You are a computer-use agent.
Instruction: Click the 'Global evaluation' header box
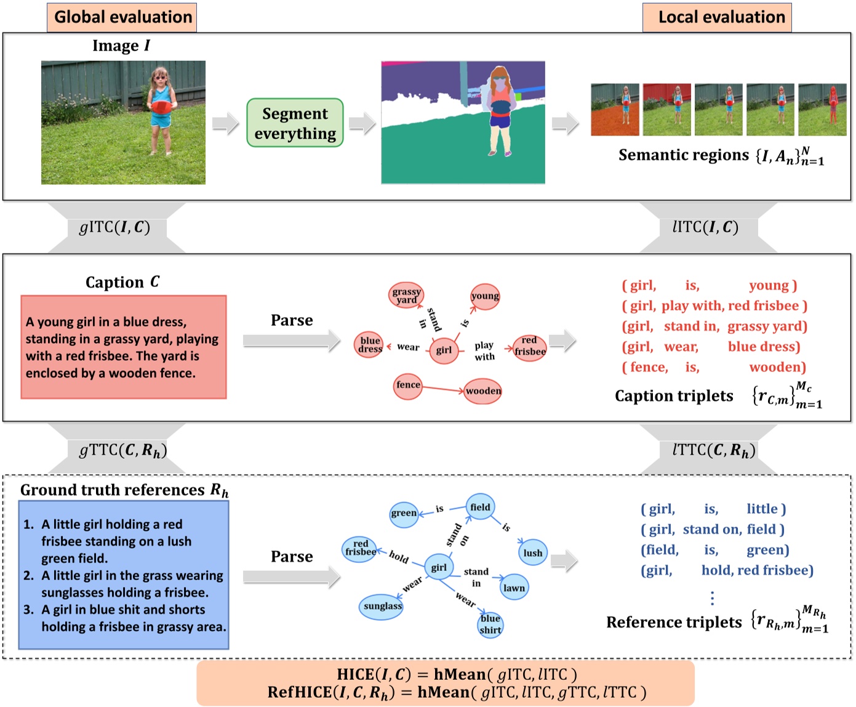(122, 17)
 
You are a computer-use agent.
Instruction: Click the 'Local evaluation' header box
(718, 17)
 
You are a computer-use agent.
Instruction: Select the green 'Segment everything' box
(295, 123)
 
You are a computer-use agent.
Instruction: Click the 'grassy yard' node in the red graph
(406, 296)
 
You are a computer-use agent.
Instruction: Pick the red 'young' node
(485, 296)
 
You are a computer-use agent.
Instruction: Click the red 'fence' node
(408, 386)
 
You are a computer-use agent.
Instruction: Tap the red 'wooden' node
(483, 391)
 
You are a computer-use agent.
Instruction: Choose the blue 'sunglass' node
(382, 607)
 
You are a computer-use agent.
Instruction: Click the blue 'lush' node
(532, 553)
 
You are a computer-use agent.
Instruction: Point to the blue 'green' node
(404, 513)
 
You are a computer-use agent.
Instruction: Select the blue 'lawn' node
(514, 588)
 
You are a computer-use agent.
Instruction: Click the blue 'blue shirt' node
(490, 624)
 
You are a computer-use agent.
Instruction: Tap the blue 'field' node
(480, 507)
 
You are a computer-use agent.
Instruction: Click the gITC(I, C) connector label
(115, 227)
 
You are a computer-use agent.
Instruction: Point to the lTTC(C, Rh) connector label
(714, 450)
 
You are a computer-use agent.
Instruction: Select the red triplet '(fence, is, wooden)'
(714, 368)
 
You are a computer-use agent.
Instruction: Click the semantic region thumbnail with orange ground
(615, 110)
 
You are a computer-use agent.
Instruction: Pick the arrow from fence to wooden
(443, 389)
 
